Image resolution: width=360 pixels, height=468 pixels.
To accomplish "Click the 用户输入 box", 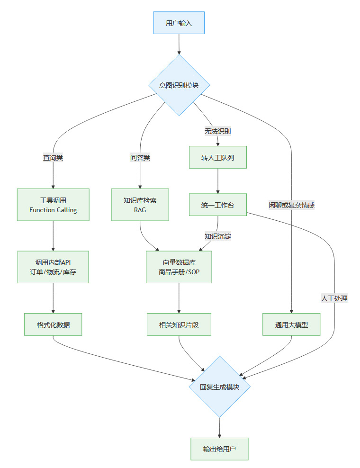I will point(179,23).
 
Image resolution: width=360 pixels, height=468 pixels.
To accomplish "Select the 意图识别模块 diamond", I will point(179,85).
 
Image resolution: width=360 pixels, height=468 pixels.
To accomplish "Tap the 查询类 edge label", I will point(53,158).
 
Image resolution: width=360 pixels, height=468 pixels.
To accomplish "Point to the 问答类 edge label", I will point(140,158).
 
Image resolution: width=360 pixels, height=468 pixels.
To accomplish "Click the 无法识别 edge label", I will point(217,131).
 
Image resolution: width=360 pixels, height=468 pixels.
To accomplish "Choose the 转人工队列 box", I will point(217,157).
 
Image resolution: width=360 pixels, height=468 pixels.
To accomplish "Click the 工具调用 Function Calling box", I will point(53,205).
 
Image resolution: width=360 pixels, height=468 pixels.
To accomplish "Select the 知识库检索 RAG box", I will point(140,205).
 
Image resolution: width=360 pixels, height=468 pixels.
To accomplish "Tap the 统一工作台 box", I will point(217,205).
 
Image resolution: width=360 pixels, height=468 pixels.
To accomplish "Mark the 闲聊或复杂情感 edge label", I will point(291,205).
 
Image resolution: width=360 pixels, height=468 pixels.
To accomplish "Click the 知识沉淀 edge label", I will point(217,236).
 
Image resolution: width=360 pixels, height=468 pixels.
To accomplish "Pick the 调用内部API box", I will point(53,267).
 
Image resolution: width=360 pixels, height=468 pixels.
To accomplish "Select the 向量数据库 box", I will point(179,267).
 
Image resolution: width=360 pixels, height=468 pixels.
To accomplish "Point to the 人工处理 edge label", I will point(334,298).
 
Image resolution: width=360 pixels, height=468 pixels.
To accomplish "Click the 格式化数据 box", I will point(53,324).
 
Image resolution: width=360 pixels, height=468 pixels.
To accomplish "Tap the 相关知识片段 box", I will point(179,324).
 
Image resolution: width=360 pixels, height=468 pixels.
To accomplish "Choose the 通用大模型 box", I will point(291,324).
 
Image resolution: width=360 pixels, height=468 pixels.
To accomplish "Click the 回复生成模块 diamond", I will point(219,387).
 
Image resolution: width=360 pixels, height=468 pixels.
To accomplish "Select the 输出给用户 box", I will point(219,449).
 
